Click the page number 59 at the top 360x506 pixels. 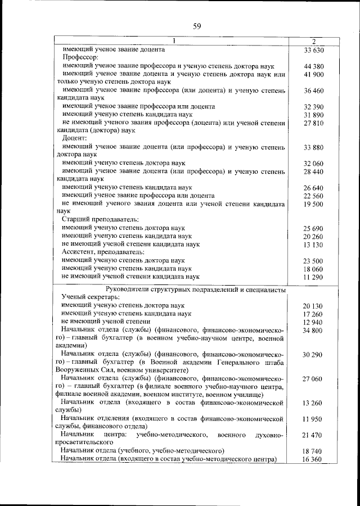click(197, 26)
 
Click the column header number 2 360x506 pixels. click(314, 42)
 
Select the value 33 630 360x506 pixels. click(314, 49)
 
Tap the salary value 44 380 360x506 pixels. click(314, 66)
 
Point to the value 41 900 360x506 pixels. click(314, 74)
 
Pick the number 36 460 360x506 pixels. click(314, 90)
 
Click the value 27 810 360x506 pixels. click(314, 122)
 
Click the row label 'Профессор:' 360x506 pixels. click(80, 58)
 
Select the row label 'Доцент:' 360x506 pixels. click(75, 138)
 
